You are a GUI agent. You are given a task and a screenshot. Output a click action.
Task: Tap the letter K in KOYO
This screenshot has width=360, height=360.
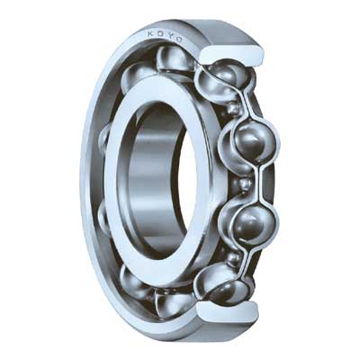150,36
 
